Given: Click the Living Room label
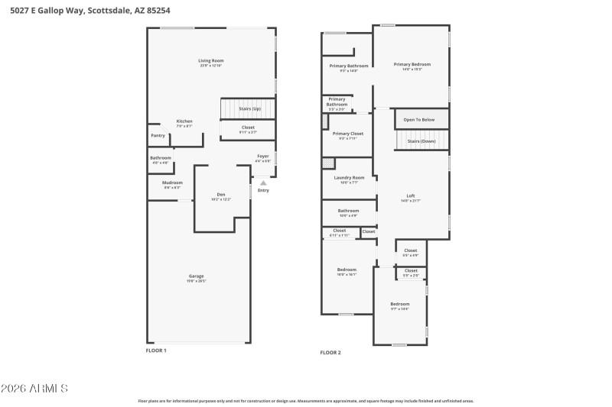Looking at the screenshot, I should click(210, 60).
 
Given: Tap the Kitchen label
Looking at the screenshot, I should click(184, 121).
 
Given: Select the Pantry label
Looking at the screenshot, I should click(158, 135).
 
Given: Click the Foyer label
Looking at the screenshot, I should click(262, 156).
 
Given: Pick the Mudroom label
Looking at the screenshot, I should click(172, 183).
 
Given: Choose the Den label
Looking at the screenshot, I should click(221, 195).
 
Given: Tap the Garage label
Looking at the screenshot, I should click(197, 276).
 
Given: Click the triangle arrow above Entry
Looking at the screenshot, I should click(262, 183).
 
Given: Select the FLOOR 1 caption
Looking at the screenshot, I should click(156, 350).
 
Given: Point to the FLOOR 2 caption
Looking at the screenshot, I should click(330, 353).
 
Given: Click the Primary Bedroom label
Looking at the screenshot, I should click(412, 65).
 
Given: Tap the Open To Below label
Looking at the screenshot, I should click(419, 120).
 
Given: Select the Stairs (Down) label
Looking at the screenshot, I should click(421, 141).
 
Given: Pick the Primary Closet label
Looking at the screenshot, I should click(347, 134).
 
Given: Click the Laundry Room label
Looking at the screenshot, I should click(349, 177).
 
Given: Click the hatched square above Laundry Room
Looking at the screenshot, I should click(328, 163).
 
